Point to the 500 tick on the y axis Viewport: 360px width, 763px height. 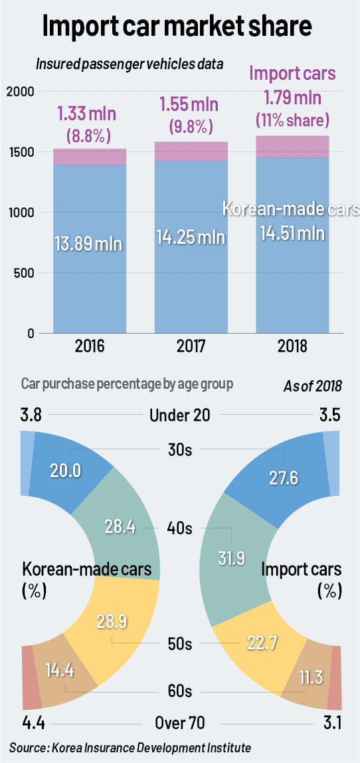click(x=25, y=272)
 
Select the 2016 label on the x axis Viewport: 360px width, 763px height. click(x=90, y=348)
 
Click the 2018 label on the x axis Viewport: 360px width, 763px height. click(x=293, y=348)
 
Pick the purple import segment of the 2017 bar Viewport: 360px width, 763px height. click(x=191, y=151)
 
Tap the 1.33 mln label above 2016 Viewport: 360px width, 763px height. click(x=91, y=114)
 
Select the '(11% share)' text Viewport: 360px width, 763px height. click(x=293, y=120)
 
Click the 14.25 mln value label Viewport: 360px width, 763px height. click(x=191, y=237)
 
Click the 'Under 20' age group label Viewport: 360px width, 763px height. click(x=179, y=415)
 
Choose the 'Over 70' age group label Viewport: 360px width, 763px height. click(x=179, y=723)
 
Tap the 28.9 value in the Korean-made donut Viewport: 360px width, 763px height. click(x=112, y=622)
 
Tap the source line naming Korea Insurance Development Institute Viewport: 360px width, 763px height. click(x=130, y=748)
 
